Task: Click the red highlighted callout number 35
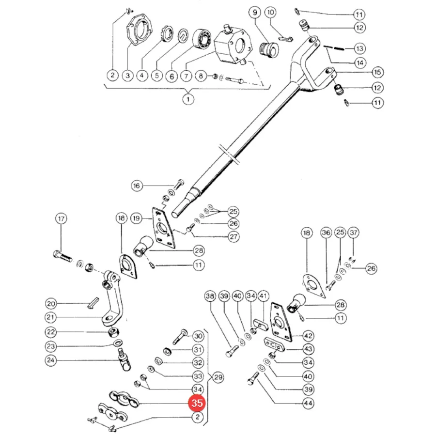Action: [x=197, y=403]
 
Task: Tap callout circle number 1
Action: [x=188, y=99]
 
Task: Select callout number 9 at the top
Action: [x=255, y=13]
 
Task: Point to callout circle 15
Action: [x=377, y=72]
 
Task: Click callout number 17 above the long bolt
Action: [x=61, y=218]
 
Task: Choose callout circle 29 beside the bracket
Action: [x=218, y=377]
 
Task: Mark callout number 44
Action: [x=308, y=403]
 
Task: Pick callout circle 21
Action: [x=51, y=317]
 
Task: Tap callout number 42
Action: [x=308, y=336]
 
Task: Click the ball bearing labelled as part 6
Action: [x=202, y=39]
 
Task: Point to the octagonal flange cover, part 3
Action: [x=140, y=29]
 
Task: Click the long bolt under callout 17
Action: [x=62, y=256]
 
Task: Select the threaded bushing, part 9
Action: [x=269, y=49]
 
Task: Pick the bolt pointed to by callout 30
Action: [x=180, y=337]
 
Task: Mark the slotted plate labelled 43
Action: [x=274, y=345]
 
